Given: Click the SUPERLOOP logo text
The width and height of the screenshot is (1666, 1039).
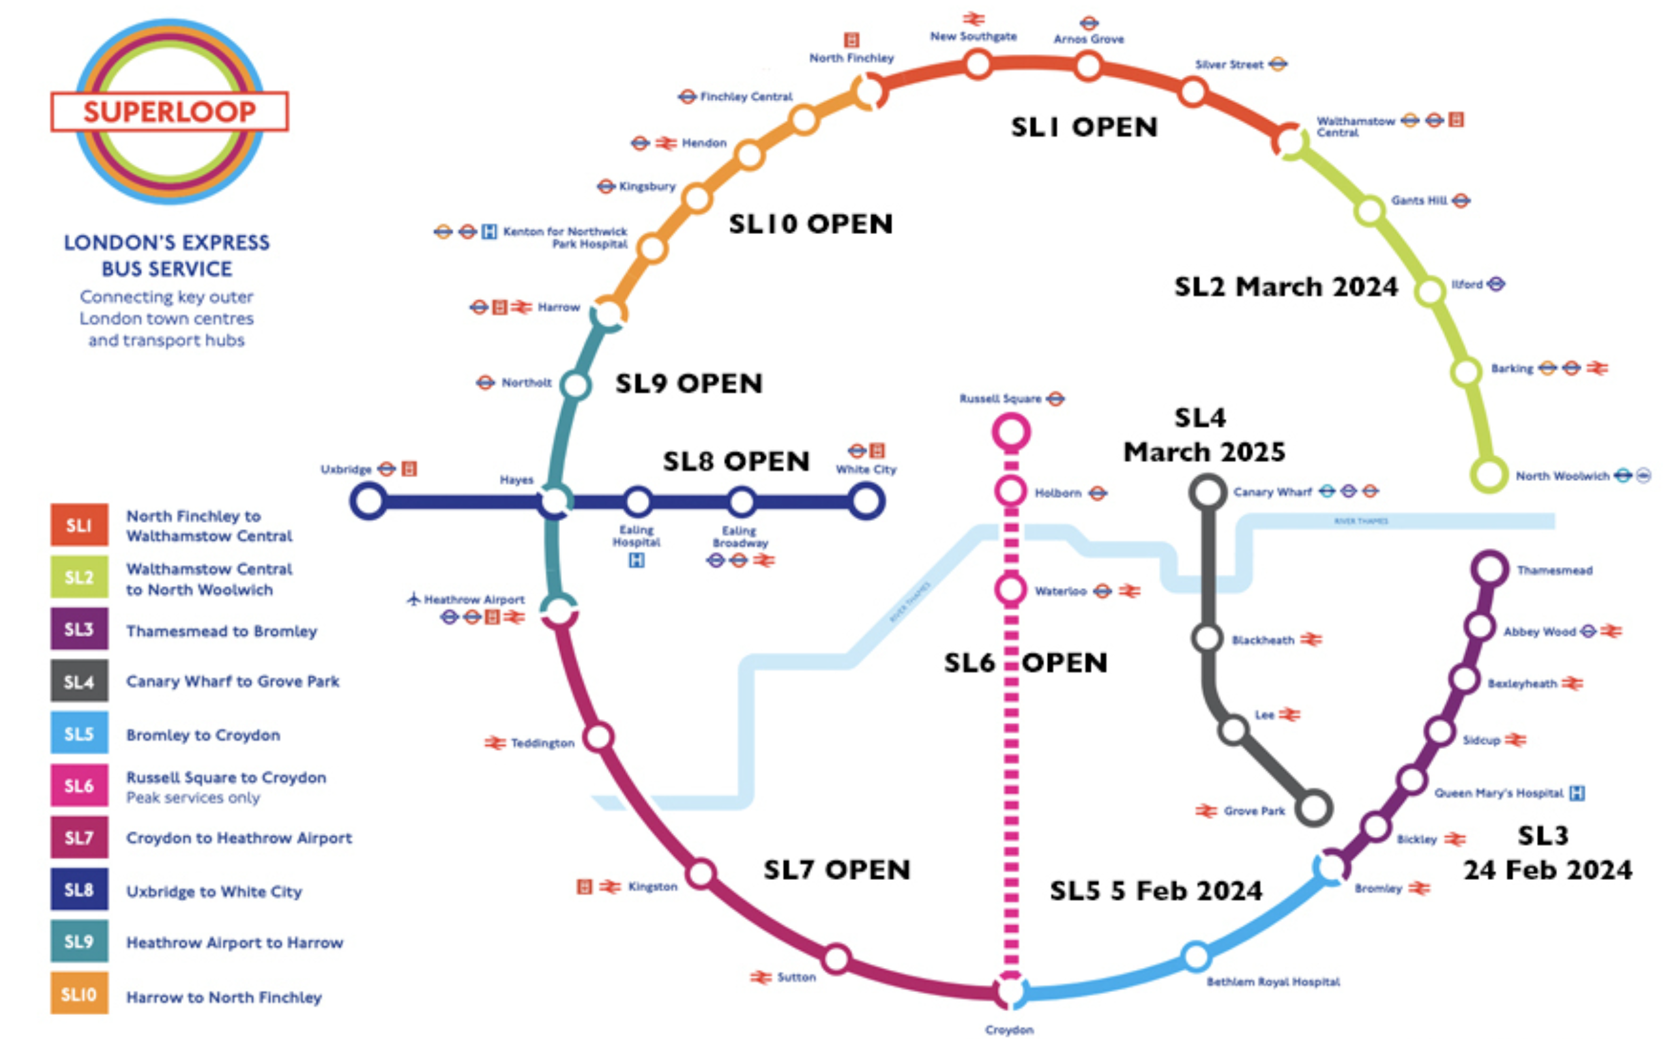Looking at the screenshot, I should (169, 111).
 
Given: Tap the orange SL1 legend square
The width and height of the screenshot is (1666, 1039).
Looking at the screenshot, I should (79, 525).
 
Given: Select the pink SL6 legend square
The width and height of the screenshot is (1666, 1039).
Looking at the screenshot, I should (79, 785).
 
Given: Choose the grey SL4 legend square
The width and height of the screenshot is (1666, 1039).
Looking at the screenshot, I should (79, 681).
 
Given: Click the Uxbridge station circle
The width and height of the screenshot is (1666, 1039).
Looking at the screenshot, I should (368, 501).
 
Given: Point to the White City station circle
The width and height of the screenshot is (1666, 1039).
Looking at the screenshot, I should (866, 501).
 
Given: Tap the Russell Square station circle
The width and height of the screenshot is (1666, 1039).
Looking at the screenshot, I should (1010, 432).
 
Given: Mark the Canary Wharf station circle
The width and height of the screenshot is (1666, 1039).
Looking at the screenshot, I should (1208, 492).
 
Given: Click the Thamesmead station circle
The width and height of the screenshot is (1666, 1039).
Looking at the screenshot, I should (1489, 569).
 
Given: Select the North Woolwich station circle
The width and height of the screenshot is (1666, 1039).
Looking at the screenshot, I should (1489, 474).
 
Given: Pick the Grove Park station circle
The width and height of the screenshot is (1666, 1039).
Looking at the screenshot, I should (1313, 808).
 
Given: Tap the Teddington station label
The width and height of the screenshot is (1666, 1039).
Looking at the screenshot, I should (542, 743).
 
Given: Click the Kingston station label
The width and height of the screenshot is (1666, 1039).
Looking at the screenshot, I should (652, 886).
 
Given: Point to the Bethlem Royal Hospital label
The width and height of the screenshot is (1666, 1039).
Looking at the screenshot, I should (1273, 982).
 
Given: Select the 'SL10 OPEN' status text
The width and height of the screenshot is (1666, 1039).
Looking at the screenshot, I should (811, 224).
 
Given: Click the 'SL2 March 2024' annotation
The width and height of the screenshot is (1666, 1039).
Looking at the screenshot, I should (1285, 287).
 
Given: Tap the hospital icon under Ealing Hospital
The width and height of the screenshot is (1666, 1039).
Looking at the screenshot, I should (637, 560).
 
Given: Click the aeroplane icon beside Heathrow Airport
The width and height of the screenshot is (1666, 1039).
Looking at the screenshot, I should (414, 599).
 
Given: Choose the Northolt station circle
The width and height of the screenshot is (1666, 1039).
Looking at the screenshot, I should (576, 385).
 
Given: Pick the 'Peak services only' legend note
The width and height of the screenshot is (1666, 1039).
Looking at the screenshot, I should (193, 798).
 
